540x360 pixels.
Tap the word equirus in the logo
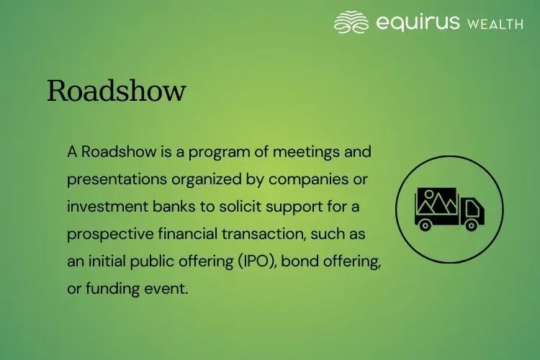pos(417,23)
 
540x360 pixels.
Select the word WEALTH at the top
pos(495,24)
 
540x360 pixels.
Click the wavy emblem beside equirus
pos(351,22)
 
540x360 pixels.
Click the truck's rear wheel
pos(425,225)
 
